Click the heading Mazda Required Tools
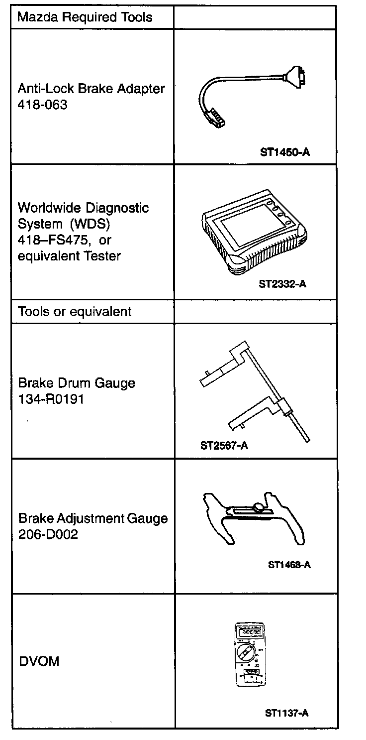(85, 18)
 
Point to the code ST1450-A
(284, 151)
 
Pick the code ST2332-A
(282, 284)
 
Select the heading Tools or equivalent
(75, 312)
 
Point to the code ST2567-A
(224, 445)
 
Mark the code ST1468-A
(289, 565)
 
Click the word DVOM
(39, 661)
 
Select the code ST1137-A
(287, 713)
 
